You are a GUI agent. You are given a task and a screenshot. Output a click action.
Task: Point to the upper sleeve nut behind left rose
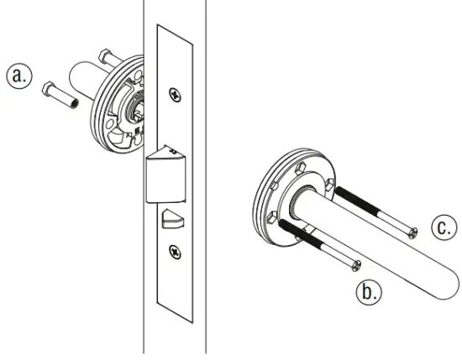coord(106,57)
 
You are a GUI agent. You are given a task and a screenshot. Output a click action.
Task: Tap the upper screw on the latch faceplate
coord(174,94)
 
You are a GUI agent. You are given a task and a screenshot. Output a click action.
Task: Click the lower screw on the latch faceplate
coord(174,249)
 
